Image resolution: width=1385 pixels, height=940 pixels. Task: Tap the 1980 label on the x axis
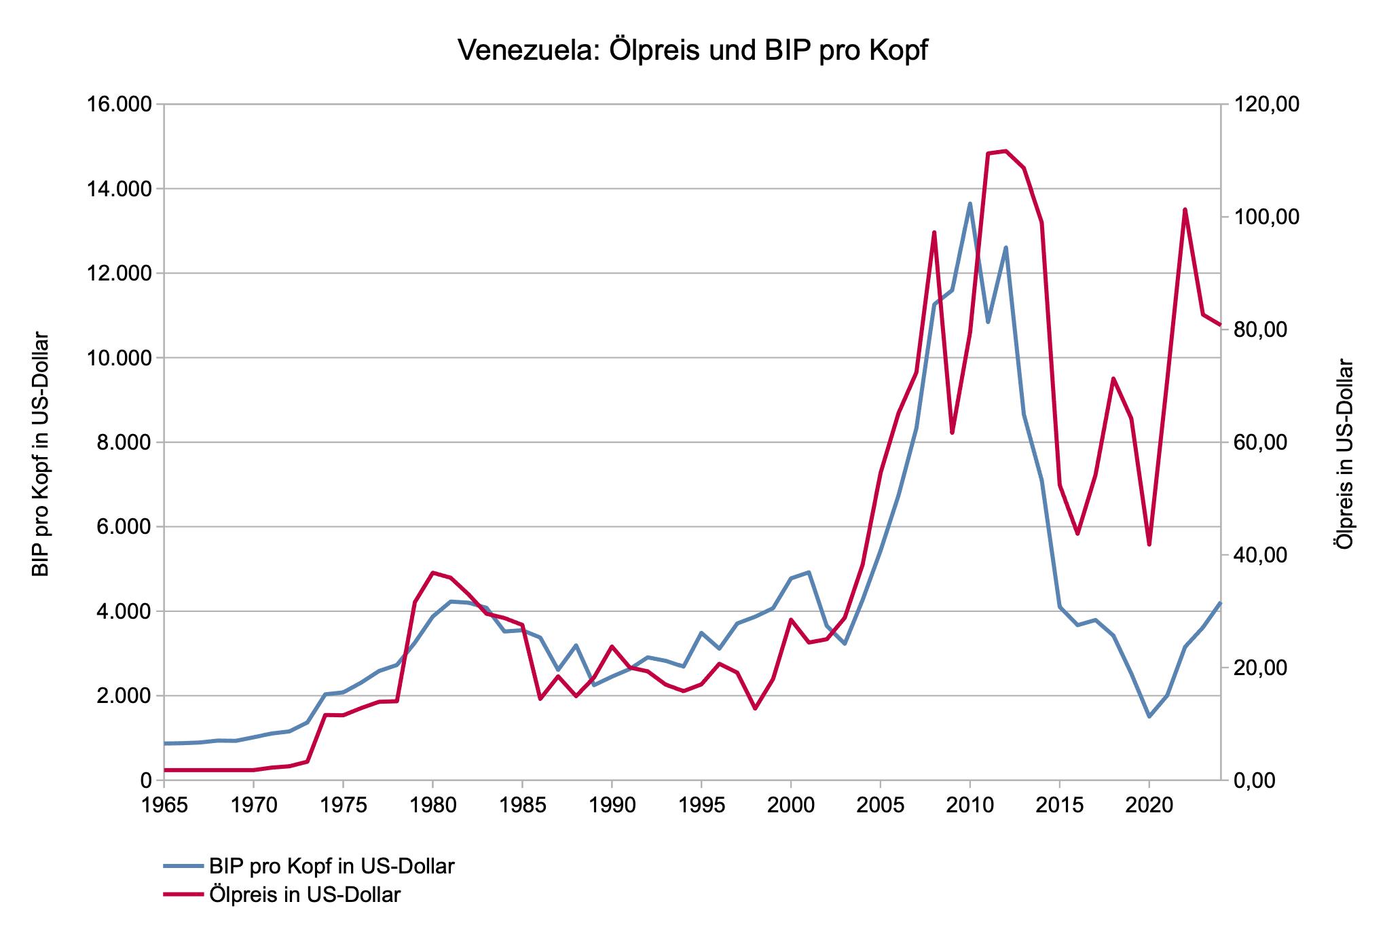pos(432,806)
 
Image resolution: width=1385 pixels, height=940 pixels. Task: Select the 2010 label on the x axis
pos(969,806)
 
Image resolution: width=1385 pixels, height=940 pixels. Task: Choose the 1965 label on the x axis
pos(164,806)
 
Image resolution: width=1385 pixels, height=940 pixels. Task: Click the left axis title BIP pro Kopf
pos(42,454)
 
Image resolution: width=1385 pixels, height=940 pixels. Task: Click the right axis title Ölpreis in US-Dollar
pos(1344,454)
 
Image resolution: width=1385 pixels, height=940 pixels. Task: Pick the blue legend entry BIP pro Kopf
pos(332,867)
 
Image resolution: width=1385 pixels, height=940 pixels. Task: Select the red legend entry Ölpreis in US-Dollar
pos(305,895)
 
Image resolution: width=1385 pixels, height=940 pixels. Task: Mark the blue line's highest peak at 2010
pos(969,203)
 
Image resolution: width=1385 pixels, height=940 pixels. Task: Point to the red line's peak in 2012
pos(1005,151)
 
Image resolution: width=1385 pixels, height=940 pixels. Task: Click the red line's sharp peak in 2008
pos(934,232)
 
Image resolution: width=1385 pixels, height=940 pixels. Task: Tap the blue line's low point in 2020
pos(1149,717)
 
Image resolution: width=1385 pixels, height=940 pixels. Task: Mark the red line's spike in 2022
pos(1185,209)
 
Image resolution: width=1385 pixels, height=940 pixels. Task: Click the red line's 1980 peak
pos(432,573)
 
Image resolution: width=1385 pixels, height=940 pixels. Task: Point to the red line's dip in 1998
pos(755,708)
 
